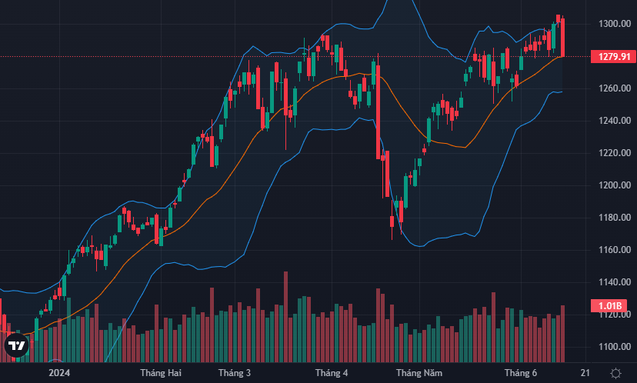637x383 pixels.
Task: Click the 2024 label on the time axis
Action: [59, 373]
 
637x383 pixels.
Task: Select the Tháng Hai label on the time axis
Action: [160, 373]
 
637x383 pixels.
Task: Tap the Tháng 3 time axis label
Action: [235, 373]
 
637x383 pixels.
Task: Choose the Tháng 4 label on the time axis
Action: [332, 373]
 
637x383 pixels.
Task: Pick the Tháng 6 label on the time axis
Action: [520, 373]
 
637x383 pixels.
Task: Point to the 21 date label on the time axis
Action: [585, 373]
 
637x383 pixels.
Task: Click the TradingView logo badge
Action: [16, 347]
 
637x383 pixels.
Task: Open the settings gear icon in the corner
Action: [615, 373]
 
